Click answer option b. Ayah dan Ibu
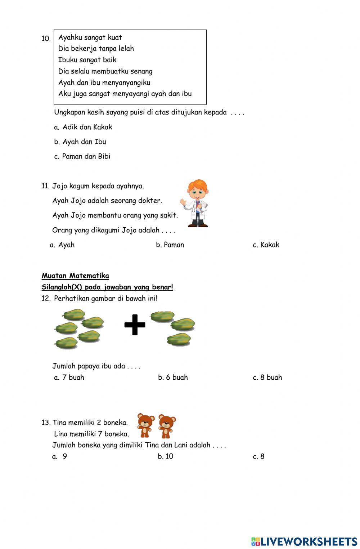click(x=80, y=142)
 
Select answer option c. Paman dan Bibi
click(x=82, y=156)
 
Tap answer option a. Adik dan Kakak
click(x=83, y=127)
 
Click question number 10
click(x=46, y=39)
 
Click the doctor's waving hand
click(x=184, y=203)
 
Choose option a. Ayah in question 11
click(x=62, y=245)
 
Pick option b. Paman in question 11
click(x=170, y=245)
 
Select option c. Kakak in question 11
click(x=266, y=245)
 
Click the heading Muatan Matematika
click(x=75, y=276)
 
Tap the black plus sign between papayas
click(x=135, y=325)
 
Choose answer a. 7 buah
click(x=69, y=378)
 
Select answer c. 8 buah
click(x=267, y=378)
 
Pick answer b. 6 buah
click(x=173, y=378)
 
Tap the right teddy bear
click(x=167, y=426)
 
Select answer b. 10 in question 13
click(x=166, y=456)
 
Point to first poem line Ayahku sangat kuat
click(x=90, y=37)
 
